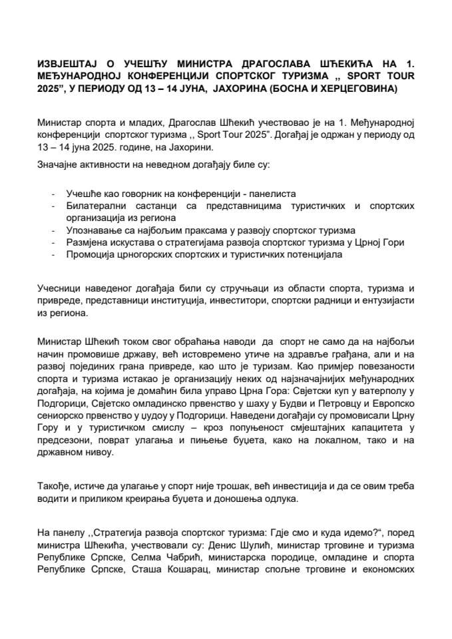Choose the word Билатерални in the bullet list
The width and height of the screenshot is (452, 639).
(x=93, y=206)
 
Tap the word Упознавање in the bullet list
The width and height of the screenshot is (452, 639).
(x=93, y=230)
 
